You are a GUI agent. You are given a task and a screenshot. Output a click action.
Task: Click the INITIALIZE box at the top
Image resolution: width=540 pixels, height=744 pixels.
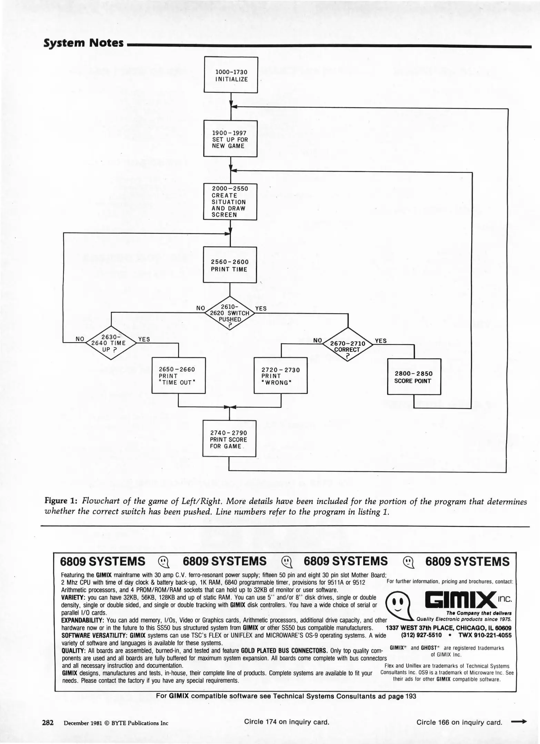coord(231,75)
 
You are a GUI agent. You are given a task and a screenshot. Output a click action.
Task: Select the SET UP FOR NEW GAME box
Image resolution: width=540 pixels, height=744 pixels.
coord(230,138)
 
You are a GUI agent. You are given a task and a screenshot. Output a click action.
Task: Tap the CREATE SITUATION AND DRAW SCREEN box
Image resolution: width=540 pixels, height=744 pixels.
coord(230,201)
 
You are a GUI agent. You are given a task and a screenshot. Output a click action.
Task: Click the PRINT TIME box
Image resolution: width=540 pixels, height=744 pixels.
coord(230,265)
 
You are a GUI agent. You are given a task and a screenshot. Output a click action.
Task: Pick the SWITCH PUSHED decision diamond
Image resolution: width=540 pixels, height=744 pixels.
coord(230,313)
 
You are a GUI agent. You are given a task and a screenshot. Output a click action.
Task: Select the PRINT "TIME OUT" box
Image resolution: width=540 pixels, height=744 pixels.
coord(179,375)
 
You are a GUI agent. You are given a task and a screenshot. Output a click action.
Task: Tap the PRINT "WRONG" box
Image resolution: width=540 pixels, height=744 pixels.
coord(280,375)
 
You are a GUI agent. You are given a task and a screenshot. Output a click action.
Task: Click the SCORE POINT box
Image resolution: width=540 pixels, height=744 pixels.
coord(414,377)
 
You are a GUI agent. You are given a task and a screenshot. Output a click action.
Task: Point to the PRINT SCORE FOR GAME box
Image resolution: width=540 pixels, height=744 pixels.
coord(229,438)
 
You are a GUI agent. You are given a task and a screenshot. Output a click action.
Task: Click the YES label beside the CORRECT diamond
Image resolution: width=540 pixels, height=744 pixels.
coord(381,341)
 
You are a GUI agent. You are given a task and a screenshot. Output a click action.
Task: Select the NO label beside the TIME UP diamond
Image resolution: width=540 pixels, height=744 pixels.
coord(80,339)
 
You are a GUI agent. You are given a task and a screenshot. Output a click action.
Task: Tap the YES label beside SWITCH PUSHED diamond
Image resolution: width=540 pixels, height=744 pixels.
coord(261,308)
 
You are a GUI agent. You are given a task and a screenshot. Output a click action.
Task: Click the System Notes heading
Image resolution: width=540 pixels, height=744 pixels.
coord(84,43)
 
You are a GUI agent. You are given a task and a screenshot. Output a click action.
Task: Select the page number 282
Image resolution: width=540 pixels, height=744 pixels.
coord(48,722)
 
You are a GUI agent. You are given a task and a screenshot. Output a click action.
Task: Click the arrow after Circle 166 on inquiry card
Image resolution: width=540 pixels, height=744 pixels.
coord(519,722)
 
